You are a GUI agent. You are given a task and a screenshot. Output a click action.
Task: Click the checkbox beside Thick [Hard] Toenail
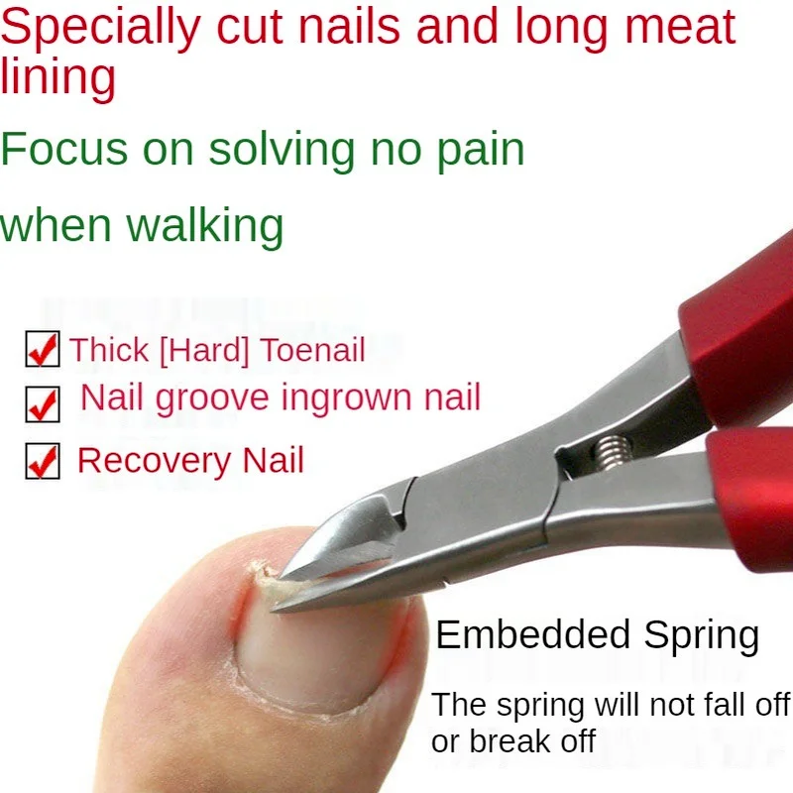pyautogui.click(x=43, y=350)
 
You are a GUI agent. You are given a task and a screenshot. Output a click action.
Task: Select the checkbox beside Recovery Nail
pyautogui.click(x=43, y=462)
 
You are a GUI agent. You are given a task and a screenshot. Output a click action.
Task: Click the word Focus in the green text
pyautogui.click(x=64, y=149)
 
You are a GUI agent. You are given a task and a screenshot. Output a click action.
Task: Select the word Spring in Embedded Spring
pyautogui.click(x=701, y=635)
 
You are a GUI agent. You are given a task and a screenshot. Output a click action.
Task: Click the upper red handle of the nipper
pyautogui.click(x=738, y=337)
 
